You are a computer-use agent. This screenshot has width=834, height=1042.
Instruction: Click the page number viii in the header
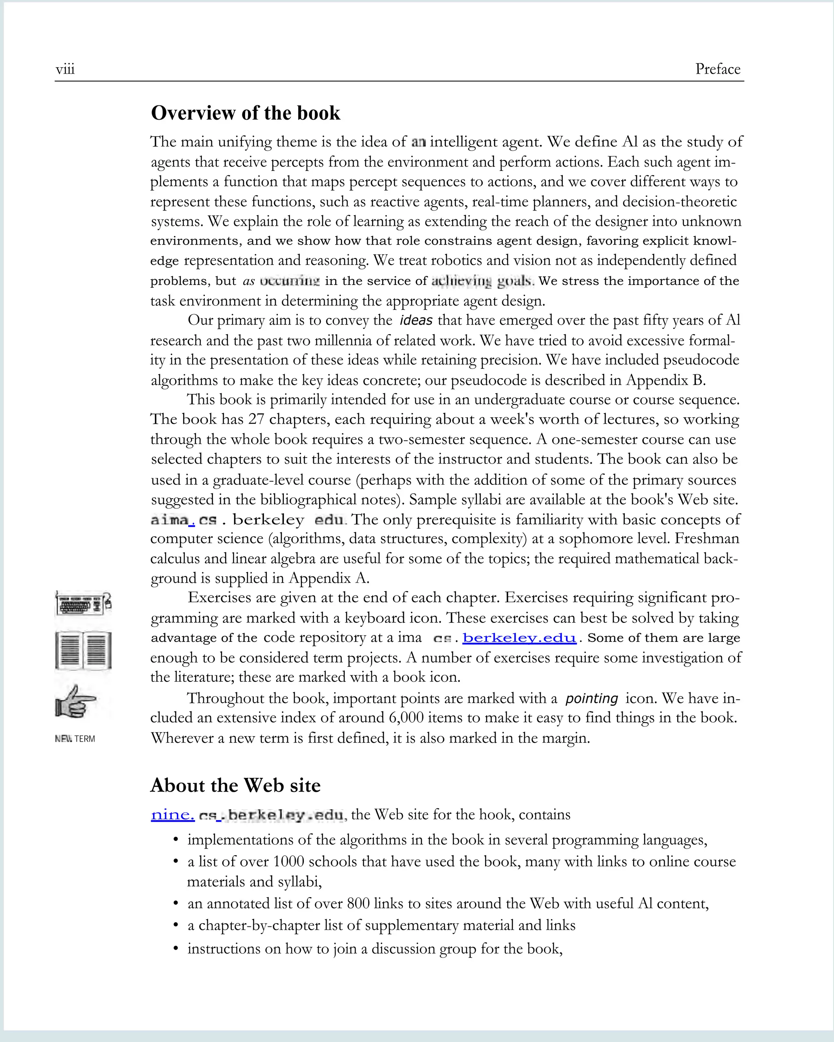coord(65,70)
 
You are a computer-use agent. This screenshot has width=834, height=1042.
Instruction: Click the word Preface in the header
coord(718,69)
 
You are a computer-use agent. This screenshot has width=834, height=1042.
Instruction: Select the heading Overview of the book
coord(246,113)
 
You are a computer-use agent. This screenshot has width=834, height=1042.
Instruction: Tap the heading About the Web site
coord(235,785)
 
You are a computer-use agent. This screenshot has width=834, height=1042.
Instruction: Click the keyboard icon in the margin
coord(83,604)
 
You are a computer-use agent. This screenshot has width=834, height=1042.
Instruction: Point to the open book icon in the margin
coord(83,650)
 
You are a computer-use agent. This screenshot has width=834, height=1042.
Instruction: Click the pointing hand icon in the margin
coord(75,701)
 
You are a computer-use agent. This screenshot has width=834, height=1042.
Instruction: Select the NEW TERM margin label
coord(75,739)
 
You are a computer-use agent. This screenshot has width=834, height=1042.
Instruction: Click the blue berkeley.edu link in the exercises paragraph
coord(519,638)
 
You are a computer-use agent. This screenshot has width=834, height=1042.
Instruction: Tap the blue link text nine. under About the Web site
coord(173,815)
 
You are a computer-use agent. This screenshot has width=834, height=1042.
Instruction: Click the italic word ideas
coord(416,320)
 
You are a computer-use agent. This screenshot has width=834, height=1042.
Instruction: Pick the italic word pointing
coord(591,699)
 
